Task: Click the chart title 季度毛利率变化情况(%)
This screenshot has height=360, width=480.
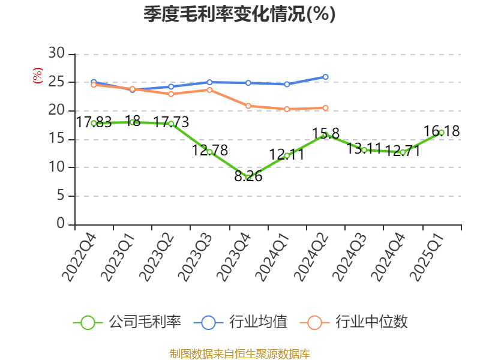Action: click(x=239, y=14)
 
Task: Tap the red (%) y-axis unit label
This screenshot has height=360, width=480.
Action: click(x=38, y=76)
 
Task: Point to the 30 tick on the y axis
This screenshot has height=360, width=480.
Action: click(x=57, y=53)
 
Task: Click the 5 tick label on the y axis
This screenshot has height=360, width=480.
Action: click(x=61, y=196)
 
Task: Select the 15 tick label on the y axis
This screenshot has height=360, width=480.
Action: click(x=57, y=139)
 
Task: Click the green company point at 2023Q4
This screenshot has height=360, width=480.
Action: click(x=248, y=178)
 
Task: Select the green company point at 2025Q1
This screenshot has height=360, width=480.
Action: click(x=442, y=133)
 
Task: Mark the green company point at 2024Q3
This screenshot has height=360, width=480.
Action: click(x=364, y=149)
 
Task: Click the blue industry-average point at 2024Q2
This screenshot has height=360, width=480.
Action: click(x=326, y=77)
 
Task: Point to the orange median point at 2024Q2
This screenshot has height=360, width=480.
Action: click(x=326, y=108)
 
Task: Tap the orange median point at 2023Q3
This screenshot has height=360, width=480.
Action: click(x=209, y=90)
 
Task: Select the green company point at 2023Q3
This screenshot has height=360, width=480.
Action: click(x=209, y=152)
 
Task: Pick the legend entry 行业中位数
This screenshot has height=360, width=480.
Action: click(x=357, y=322)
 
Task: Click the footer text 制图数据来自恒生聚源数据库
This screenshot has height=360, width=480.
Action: click(x=239, y=353)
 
